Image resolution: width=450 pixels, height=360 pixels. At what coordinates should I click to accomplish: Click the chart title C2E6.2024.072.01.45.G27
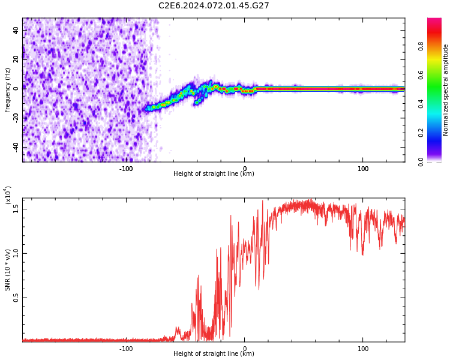pos(214,5)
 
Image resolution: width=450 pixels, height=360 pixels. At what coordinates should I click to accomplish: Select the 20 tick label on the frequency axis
pos(16,58)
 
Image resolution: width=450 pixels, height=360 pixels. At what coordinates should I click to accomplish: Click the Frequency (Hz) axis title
pos(8,90)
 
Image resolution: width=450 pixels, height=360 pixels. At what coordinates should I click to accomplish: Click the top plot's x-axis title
pos(214,174)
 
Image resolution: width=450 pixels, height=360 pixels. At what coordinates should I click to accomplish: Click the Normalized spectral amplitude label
pos(446,90)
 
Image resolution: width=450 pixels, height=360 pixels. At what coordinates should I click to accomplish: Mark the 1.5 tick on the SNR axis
pos(16,208)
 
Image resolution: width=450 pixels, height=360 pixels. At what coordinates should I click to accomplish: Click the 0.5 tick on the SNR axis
pos(16,298)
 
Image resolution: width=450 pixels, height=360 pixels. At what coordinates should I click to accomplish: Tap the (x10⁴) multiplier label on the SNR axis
pos(8,195)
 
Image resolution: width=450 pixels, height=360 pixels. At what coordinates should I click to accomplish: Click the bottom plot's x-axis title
pos(214,354)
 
